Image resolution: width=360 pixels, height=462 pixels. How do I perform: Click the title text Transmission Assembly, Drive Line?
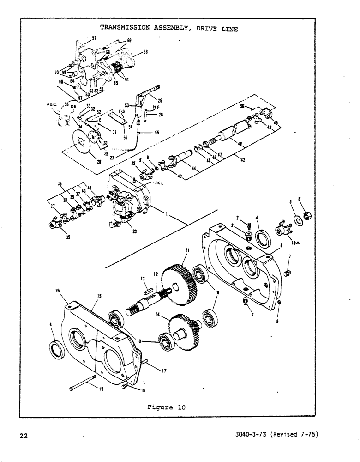(169, 28)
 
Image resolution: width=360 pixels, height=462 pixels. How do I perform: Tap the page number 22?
(24, 434)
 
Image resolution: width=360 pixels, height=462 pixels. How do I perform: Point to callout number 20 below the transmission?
(134, 232)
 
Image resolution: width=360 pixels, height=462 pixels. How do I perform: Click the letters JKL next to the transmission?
(153, 182)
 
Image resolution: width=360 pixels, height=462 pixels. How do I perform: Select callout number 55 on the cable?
(156, 132)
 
